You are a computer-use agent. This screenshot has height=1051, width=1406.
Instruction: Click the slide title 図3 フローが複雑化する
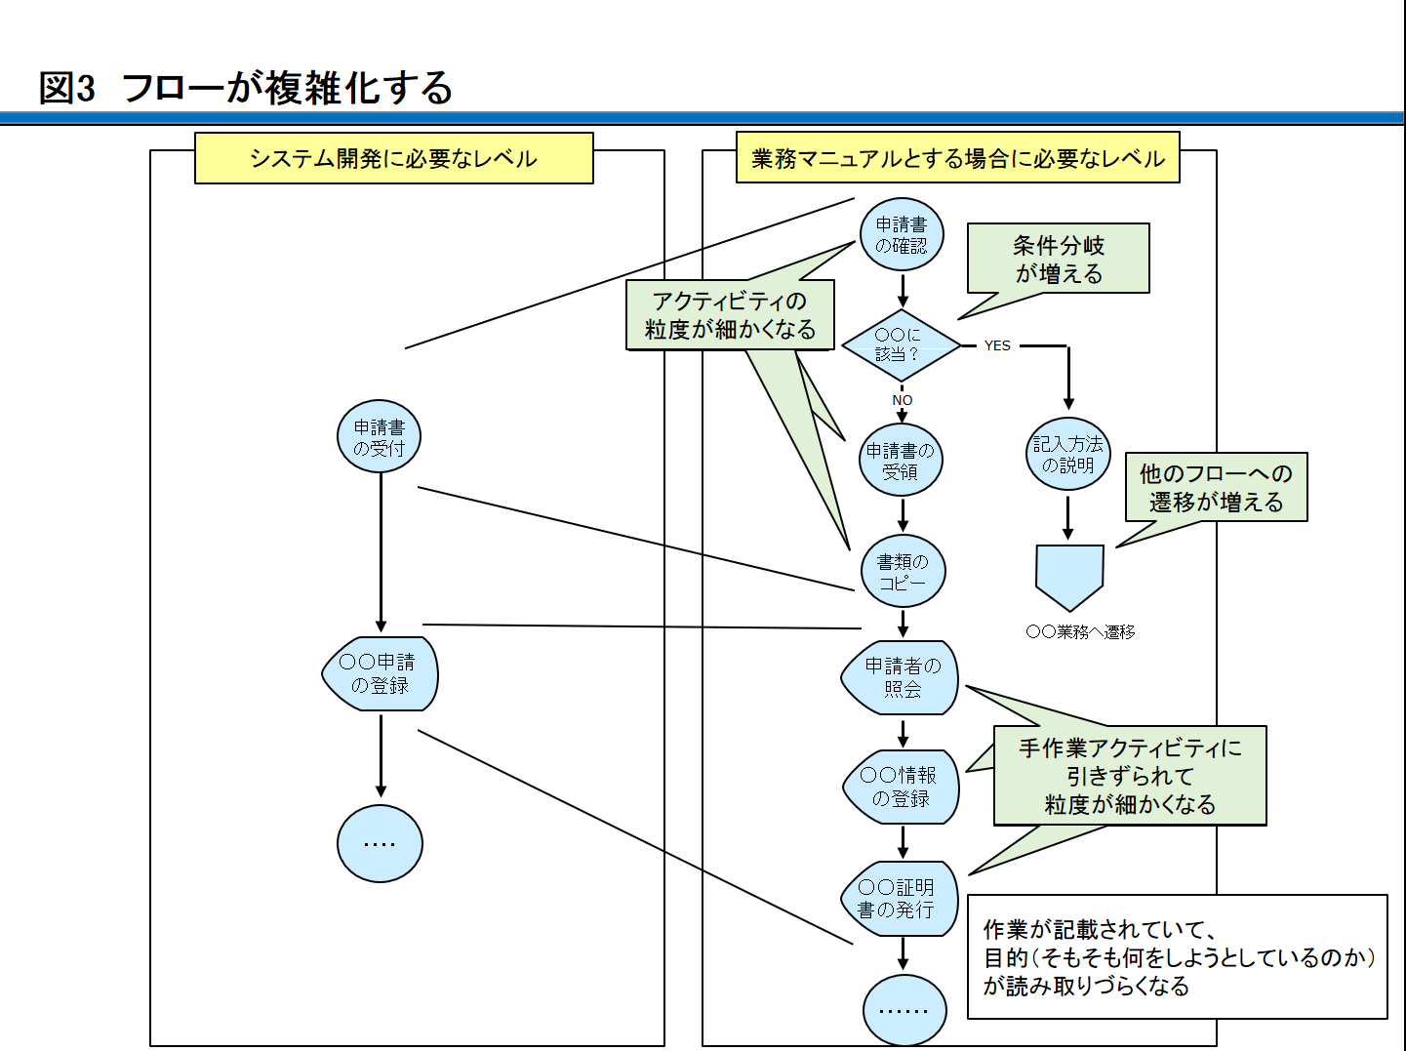click(x=246, y=88)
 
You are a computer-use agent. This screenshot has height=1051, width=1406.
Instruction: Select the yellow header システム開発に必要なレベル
click(x=393, y=158)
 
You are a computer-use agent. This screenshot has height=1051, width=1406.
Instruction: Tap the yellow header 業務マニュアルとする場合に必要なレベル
click(x=957, y=158)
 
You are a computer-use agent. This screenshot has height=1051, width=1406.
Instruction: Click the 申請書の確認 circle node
click(x=902, y=235)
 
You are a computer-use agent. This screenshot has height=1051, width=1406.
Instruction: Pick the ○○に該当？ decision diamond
click(x=902, y=345)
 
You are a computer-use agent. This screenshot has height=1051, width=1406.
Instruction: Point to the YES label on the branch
click(x=997, y=345)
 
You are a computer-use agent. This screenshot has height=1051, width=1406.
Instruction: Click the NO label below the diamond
click(x=903, y=400)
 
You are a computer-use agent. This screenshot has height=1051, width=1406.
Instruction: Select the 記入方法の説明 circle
click(x=1068, y=455)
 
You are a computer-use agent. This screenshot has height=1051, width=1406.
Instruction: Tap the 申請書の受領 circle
click(x=901, y=461)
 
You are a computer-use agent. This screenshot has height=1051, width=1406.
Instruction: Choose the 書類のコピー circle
click(x=903, y=572)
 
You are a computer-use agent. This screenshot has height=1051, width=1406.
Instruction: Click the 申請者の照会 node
click(x=901, y=678)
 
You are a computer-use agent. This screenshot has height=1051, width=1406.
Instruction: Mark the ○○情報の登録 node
click(x=901, y=787)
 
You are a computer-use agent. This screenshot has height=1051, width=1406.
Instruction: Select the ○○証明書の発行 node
click(x=900, y=899)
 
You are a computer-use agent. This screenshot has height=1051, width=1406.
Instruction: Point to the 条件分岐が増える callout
click(x=1059, y=259)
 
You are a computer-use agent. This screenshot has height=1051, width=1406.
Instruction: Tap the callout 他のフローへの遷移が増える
click(x=1216, y=487)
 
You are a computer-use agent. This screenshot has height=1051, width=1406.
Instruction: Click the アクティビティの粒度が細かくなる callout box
click(x=730, y=315)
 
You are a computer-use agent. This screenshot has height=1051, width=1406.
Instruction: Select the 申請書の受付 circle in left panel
click(x=380, y=437)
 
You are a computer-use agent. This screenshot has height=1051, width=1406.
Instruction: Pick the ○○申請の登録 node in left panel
click(x=380, y=673)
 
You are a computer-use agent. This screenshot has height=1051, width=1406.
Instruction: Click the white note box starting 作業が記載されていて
click(x=1177, y=957)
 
